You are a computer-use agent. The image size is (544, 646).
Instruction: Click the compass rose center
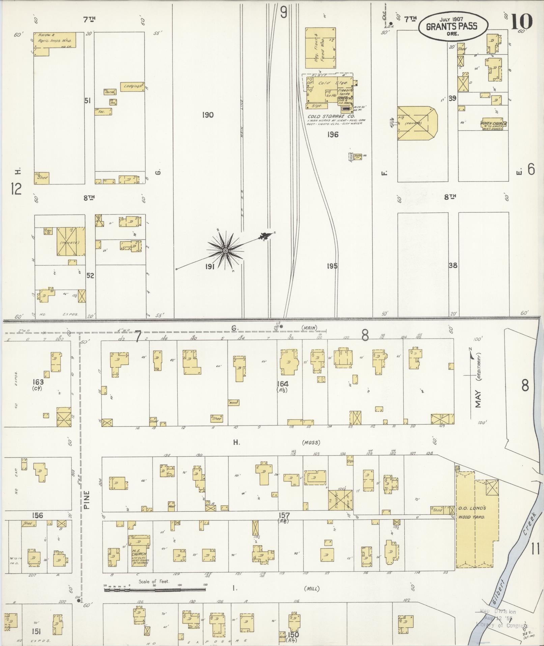(225, 251)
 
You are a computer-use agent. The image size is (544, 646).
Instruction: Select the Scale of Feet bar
(155, 590)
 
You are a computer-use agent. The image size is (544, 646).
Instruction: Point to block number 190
(208, 115)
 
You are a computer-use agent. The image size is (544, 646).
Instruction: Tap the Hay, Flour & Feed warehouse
(320, 48)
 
